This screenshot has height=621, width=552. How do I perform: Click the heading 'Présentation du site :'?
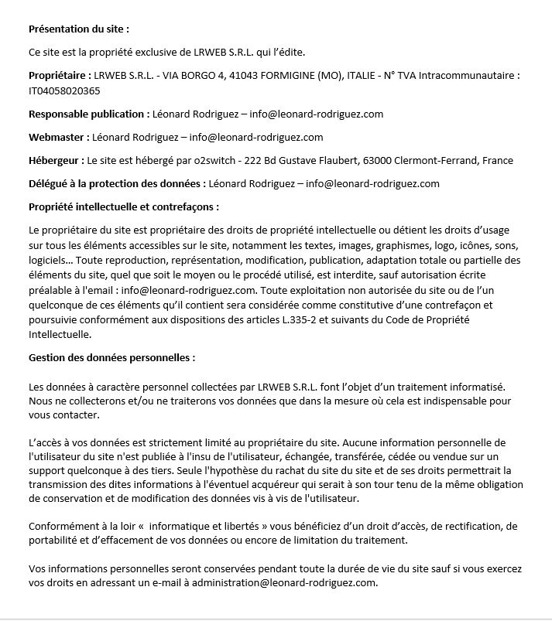point(78,29)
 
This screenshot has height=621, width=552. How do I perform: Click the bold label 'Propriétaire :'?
point(60,76)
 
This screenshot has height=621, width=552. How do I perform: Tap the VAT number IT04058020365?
point(64,90)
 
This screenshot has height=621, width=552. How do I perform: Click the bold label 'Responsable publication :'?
point(89,114)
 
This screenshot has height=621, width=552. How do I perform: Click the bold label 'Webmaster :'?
point(59,138)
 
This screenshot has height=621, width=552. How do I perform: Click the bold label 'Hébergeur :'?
point(57,161)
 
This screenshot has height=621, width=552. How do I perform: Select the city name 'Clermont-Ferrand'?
point(440,161)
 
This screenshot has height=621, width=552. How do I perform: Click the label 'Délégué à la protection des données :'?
point(117,184)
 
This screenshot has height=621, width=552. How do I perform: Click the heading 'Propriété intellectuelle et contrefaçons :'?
point(124,207)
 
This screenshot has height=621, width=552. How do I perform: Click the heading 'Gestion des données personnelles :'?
point(111,358)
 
